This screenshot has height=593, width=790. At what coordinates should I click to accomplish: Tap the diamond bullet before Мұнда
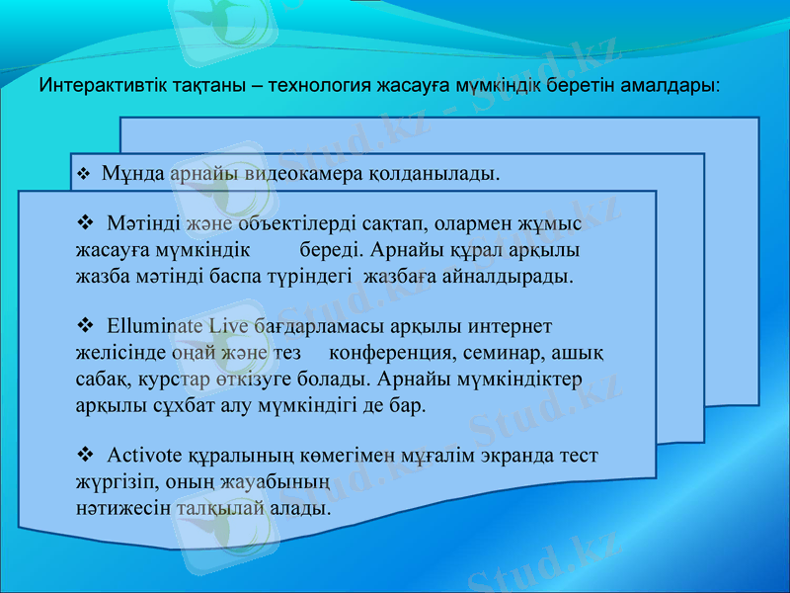pos(84,175)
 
